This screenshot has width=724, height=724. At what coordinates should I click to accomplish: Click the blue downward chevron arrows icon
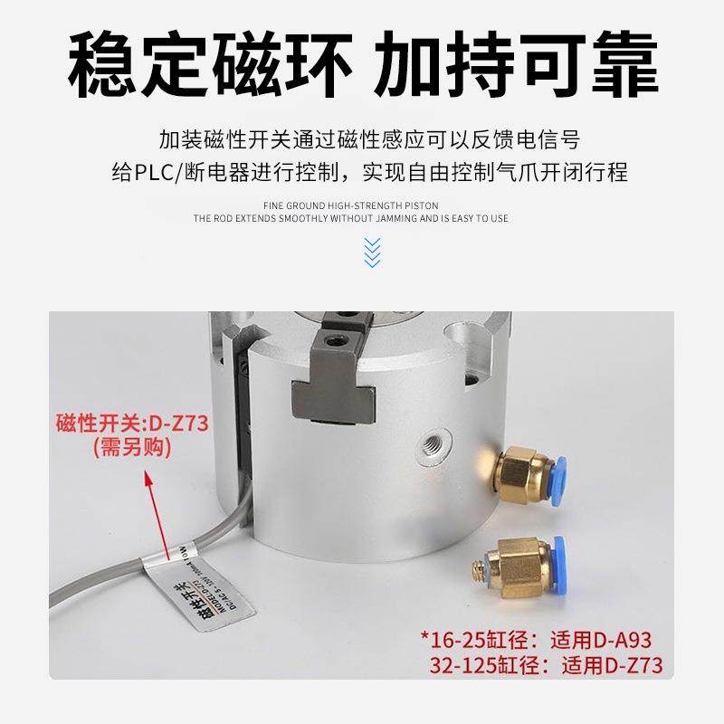[x=371, y=252]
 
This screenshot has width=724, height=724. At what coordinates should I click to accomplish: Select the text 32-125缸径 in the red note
[x=490, y=666]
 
